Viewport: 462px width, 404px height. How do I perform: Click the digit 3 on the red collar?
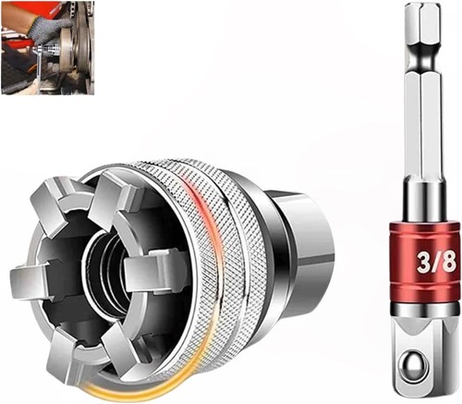click(x=423, y=263)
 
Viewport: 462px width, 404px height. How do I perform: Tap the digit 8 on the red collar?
click(x=448, y=262)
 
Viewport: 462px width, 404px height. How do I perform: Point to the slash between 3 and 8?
click(x=435, y=263)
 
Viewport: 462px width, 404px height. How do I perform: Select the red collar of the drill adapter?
click(x=425, y=263)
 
